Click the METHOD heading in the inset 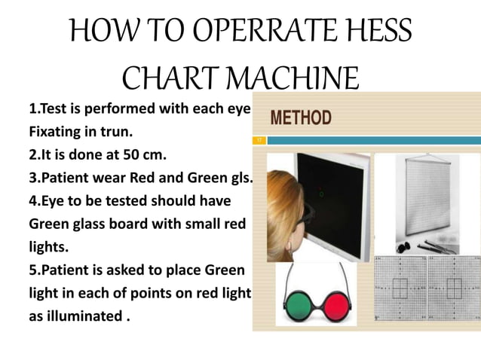point(300,118)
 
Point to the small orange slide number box point(259,140)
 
